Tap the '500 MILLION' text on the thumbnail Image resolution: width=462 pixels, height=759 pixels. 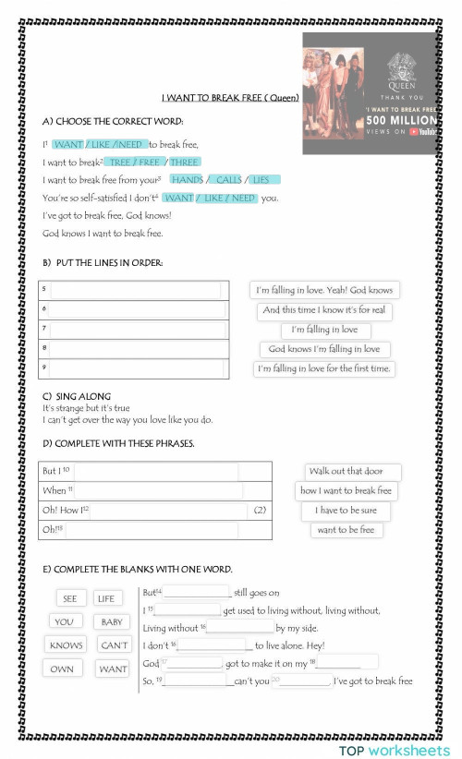401,120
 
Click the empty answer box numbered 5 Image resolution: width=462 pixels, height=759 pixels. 134,289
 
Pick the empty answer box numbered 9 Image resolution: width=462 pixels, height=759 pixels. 134,368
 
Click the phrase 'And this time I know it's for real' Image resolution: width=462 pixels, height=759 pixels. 324,310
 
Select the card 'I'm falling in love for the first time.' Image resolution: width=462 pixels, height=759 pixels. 324,368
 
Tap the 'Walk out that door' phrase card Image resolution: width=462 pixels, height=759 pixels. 347,471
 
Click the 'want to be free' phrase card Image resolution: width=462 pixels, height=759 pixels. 346,530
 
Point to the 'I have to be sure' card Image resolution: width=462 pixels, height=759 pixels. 346,511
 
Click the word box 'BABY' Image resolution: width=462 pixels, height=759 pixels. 112,621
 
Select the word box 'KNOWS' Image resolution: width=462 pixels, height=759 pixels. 66,645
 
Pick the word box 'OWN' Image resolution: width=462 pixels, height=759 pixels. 62,669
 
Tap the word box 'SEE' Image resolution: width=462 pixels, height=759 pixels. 70,598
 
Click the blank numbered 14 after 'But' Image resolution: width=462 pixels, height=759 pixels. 197,592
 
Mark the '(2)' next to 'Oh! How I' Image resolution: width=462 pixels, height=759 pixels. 260,511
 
